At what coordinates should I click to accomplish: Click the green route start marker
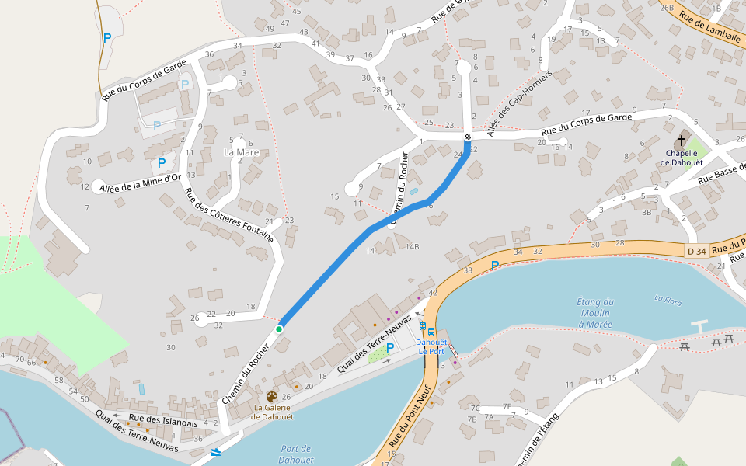(279, 329)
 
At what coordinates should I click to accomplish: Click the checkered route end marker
(468, 137)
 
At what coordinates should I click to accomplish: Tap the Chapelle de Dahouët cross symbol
(682, 141)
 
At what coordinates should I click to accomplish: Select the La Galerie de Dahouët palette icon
(271, 397)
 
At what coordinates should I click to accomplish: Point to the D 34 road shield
(696, 251)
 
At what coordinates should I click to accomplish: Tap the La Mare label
(242, 152)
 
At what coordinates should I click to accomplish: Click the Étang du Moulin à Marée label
(595, 312)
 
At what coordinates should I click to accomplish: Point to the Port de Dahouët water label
(295, 454)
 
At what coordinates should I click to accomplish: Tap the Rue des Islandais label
(163, 422)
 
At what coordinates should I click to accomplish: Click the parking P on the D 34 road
(494, 266)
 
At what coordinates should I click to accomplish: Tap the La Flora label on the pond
(668, 298)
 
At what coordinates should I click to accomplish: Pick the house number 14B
(412, 247)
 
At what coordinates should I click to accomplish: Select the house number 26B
(666, 8)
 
